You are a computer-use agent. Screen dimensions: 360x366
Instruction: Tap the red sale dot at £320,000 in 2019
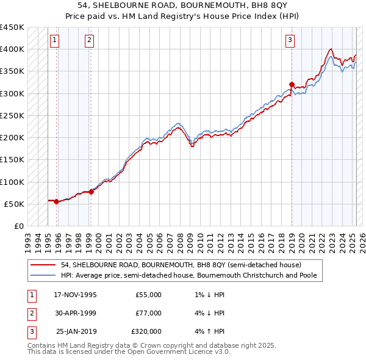tap(292, 85)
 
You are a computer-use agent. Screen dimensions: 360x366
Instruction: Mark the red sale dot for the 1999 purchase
tap(91, 192)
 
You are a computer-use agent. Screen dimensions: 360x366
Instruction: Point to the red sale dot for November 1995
tap(56, 201)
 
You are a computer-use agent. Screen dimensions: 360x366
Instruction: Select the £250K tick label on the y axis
tap(12, 115)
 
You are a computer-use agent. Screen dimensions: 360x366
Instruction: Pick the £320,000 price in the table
tap(146, 331)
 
